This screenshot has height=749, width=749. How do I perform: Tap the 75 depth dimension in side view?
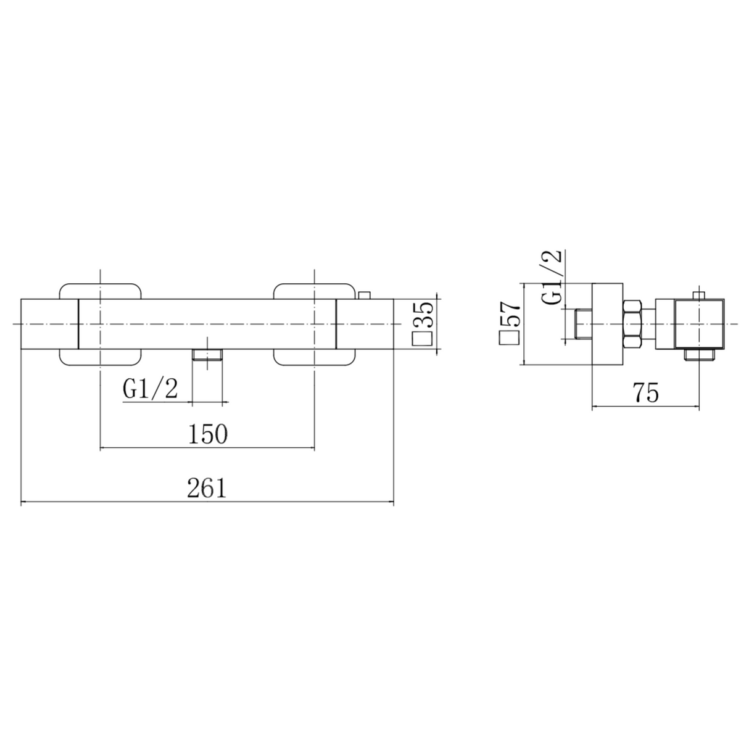coord(645,393)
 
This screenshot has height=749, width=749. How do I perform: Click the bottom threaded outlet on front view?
coord(207,355)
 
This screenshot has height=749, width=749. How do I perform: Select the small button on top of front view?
coord(365,295)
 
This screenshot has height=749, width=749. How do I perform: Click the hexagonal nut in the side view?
coord(633,325)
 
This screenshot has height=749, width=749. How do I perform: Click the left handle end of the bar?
coord(49,325)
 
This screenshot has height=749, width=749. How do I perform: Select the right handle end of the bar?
coord(365,325)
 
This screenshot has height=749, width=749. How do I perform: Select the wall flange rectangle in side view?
coord(607,325)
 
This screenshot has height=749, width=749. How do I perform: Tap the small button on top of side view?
coord(700,296)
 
